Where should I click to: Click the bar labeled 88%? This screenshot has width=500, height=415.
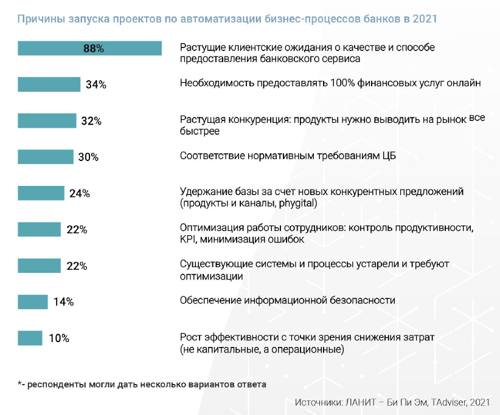[x=89, y=49]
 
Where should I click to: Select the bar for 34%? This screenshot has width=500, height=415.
[x=49, y=84]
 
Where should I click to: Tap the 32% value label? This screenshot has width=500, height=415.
[x=91, y=121]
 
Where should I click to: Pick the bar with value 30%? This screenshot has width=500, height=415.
[x=46, y=157]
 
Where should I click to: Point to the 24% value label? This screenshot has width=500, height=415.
[x=80, y=193]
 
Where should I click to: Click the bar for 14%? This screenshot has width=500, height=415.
[x=33, y=301]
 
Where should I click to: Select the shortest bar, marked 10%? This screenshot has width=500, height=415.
[x=30, y=338]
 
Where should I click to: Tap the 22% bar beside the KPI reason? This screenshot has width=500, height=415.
[x=40, y=230]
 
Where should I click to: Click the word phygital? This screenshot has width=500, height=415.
[x=298, y=204]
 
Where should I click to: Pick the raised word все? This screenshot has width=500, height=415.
[x=477, y=117]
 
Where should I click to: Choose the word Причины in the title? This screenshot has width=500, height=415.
[x=38, y=19]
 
